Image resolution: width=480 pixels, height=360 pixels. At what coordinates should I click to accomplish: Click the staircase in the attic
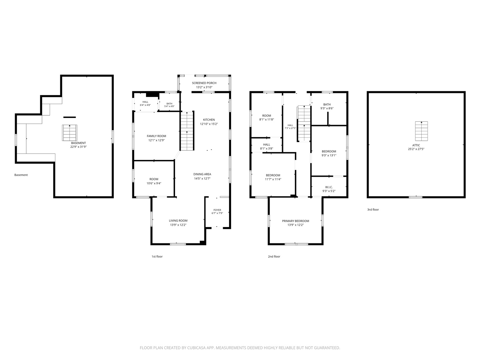point(421,131)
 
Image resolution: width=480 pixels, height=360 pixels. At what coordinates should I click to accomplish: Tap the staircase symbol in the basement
point(70,133)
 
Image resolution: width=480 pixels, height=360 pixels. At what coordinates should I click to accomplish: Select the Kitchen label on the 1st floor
point(209,120)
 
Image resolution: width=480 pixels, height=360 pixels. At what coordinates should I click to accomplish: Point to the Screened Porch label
point(204,83)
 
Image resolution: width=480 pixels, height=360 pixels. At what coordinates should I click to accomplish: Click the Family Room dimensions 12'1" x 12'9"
point(156,140)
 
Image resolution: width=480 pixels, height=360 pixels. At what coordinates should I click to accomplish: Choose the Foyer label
point(217,210)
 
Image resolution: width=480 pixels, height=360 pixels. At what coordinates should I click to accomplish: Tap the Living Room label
point(178,221)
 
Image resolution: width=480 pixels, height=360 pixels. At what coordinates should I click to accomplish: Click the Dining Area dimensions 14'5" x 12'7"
point(202,179)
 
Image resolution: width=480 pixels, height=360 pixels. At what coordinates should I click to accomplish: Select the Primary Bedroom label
point(295,221)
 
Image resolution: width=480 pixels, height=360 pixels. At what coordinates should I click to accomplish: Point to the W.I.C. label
point(329,187)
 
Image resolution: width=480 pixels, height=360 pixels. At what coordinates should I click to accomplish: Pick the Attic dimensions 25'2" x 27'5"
point(416,149)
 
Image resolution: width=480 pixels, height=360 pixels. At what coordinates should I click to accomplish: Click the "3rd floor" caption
point(373,210)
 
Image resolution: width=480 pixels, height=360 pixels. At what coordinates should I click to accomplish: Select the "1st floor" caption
point(157,257)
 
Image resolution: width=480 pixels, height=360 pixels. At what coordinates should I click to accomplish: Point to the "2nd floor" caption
point(274,257)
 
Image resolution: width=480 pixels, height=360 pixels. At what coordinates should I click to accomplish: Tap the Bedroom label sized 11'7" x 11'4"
point(273,175)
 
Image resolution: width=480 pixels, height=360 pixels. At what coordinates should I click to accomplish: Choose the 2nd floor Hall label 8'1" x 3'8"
point(267,144)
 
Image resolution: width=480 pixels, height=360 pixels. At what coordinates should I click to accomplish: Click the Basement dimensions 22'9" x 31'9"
point(79,147)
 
